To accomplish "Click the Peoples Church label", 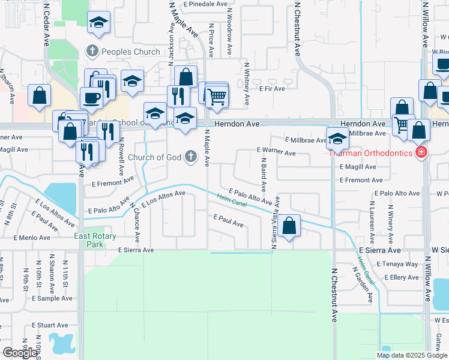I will (x=131, y=52).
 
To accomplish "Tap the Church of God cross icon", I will (x=190, y=157).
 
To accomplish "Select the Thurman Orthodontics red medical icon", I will (x=421, y=153).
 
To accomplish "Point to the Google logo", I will (x=20, y=353).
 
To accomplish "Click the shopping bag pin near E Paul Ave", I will (x=289, y=227).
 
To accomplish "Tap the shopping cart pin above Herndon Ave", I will (x=217, y=95).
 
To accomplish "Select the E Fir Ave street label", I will (x=272, y=88).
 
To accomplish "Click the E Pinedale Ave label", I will (x=205, y=4).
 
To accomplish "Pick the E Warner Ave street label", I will (x=276, y=153).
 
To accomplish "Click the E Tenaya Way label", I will (x=397, y=264).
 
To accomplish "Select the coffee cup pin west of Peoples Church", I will (x=91, y=98).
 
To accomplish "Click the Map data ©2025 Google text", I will (x=412, y=355).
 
